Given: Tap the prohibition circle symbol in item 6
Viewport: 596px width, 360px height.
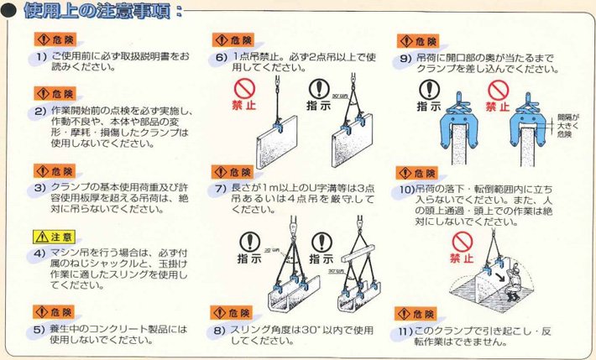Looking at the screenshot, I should (x=243, y=90).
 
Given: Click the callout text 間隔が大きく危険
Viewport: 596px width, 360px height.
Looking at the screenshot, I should (x=563, y=123).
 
